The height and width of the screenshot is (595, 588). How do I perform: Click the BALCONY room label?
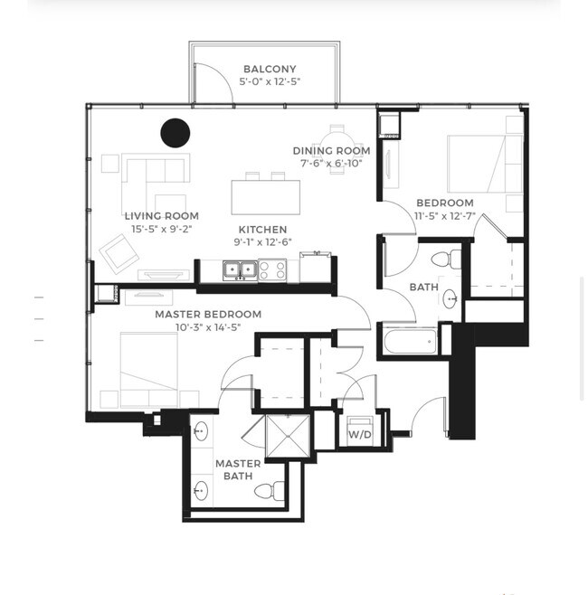[x=270, y=69]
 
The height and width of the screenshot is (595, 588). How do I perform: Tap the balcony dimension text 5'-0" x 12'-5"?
[x=270, y=82]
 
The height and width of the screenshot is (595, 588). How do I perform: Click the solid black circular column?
[x=175, y=132]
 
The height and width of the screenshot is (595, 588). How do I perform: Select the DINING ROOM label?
[x=331, y=150]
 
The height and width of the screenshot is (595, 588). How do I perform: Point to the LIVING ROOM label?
[x=162, y=216]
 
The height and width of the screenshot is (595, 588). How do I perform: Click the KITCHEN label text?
[x=262, y=230]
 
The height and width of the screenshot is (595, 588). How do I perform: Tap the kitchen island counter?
[x=265, y=195]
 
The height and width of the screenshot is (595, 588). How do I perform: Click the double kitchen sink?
[x=239, y=269]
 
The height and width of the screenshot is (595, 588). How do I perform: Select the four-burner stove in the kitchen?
[x=272, y=269]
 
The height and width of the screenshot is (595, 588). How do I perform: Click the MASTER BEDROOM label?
[x=208, y=314]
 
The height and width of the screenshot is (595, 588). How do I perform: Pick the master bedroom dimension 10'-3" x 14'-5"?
[x=208, y=327]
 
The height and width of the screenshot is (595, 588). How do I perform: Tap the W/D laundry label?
[x=359, y=434]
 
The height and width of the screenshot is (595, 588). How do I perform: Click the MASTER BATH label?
[x=238, y=469]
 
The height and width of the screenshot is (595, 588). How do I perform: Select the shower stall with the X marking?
[x=289, y=438]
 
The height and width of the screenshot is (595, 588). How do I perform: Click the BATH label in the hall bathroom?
[x=423, y=287]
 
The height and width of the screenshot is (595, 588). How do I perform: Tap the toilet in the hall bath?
[x=441, y=260]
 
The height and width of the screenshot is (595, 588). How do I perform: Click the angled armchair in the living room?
[x=119, y=252]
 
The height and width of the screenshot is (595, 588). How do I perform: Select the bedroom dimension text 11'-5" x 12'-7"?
[x=445, y=216]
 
